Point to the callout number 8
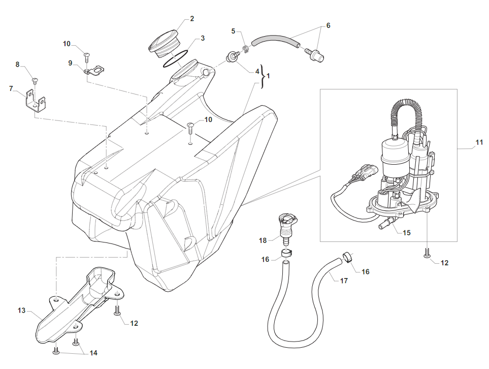click(x=17, y=65)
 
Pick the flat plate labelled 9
click(x=94, y=70)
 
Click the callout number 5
click(x=234, y=31)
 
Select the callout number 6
click(x=328, y=25)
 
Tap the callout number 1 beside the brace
click(x=268, y=76)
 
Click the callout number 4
click(x=257, y=71)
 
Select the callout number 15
click(x=406, y=233)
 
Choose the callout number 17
click(x=344, y=280)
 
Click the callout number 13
click(x=21, y=310)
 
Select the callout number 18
click(x=263, y=239)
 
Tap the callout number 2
click(x=192, y=19)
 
